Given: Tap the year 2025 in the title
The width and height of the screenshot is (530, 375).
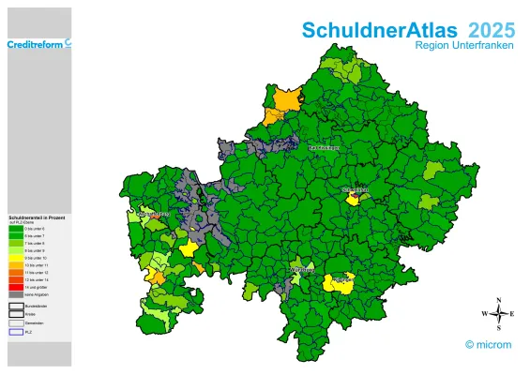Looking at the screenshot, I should (x=491, y=30).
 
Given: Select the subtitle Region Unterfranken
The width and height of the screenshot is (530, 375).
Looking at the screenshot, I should (x=464, y=46).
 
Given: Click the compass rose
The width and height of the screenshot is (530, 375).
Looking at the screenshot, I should (x=498, y=313).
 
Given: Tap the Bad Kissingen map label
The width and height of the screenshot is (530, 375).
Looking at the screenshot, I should (x=325, y=147).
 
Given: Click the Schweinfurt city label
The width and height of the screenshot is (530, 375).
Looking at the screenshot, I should (x=356, y=189).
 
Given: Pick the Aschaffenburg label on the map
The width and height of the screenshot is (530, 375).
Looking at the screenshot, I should (x=154, y=215).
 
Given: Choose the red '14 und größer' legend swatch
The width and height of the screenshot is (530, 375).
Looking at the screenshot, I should (x=15, y=287).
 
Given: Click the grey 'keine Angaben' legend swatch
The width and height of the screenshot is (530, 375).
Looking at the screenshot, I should (x=15, y=293).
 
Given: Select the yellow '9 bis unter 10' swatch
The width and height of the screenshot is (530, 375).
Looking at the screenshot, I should (x=15, y=258).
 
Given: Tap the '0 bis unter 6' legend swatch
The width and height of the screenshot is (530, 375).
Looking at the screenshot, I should (x=15, y=229).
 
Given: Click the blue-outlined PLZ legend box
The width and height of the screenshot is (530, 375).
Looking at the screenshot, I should (x=15, y=331).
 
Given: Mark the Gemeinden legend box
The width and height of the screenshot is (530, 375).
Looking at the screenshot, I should (x=15, y=322).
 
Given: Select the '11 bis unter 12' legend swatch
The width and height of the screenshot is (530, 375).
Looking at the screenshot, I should (x=15, y=272).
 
